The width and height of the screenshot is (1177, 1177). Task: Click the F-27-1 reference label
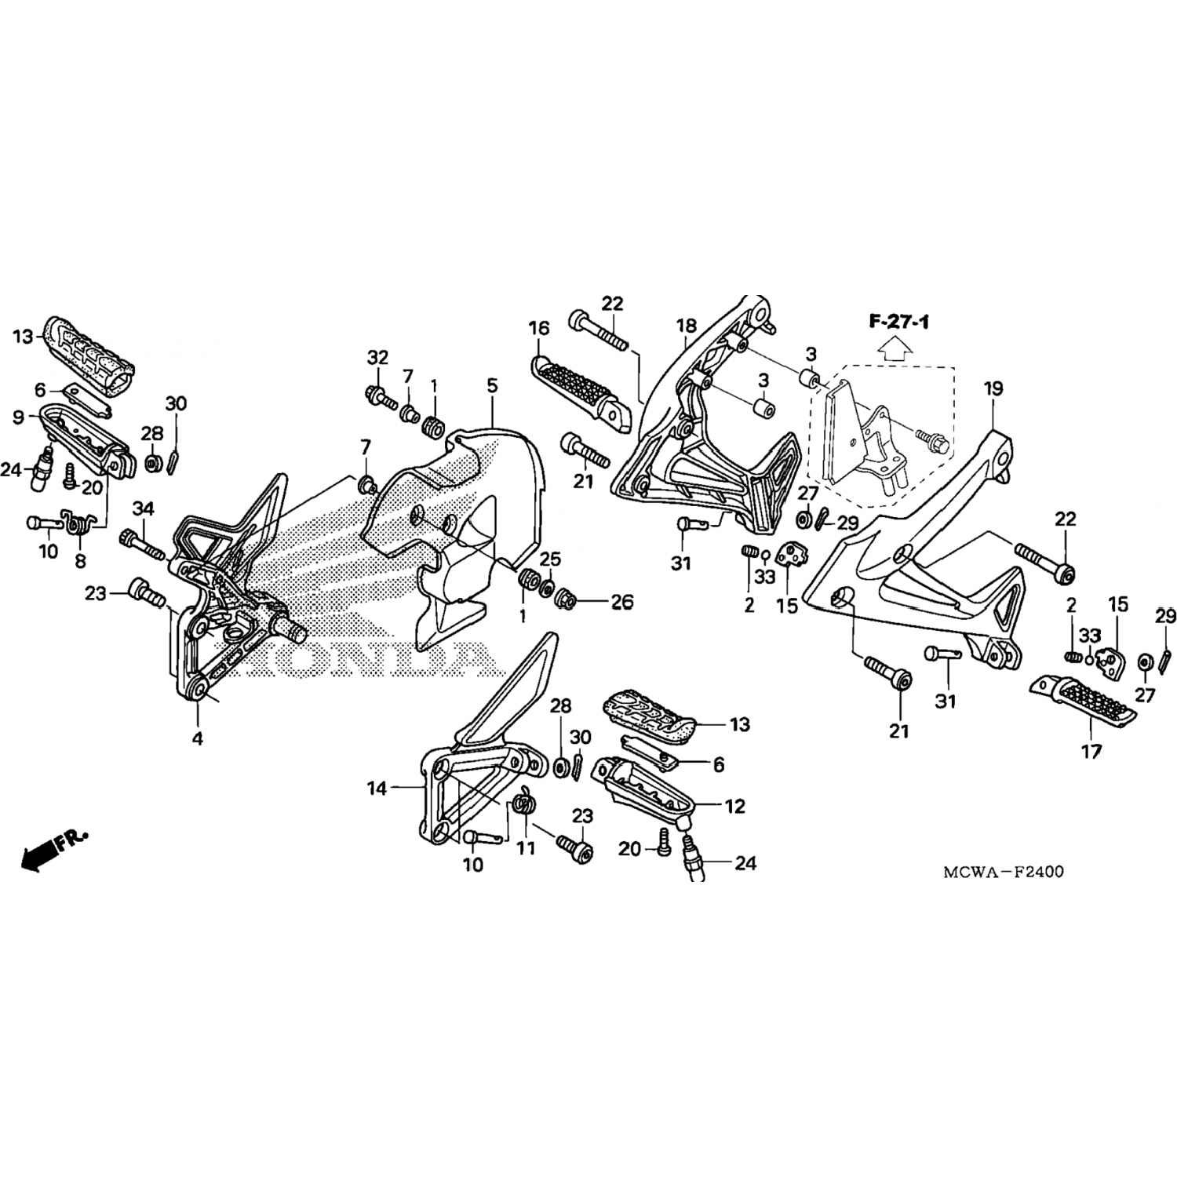(898, 322)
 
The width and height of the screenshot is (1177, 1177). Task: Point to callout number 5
(492, 385)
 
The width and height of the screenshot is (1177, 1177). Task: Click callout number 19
(993, 388)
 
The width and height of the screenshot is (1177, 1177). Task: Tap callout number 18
(687, 326)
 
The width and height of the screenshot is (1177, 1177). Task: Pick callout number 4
(198, 738)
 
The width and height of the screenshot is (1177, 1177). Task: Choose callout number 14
(377, 789)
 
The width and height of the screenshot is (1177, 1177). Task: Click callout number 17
(1091, 752)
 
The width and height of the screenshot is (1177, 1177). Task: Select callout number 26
(621, 603)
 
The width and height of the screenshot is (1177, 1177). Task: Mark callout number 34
(143, 509)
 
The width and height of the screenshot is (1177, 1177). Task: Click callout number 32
(377, 357)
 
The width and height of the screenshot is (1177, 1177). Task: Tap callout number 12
(734, 806)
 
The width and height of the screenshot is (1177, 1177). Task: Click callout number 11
(526, 848)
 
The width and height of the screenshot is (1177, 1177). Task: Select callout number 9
(18, 416)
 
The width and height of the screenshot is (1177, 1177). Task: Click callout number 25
(550, 559)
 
